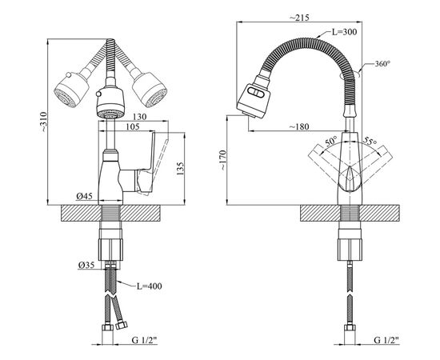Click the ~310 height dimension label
[44, 122]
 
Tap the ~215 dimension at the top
[299, 18]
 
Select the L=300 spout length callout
[344, 32]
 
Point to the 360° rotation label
[382, 64]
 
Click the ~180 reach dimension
[299, 127]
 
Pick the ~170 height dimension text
[222, 161]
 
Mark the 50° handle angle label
[331, 142]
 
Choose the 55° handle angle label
[370, 141]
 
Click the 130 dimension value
[139, 117]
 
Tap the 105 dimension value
[133, 127]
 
